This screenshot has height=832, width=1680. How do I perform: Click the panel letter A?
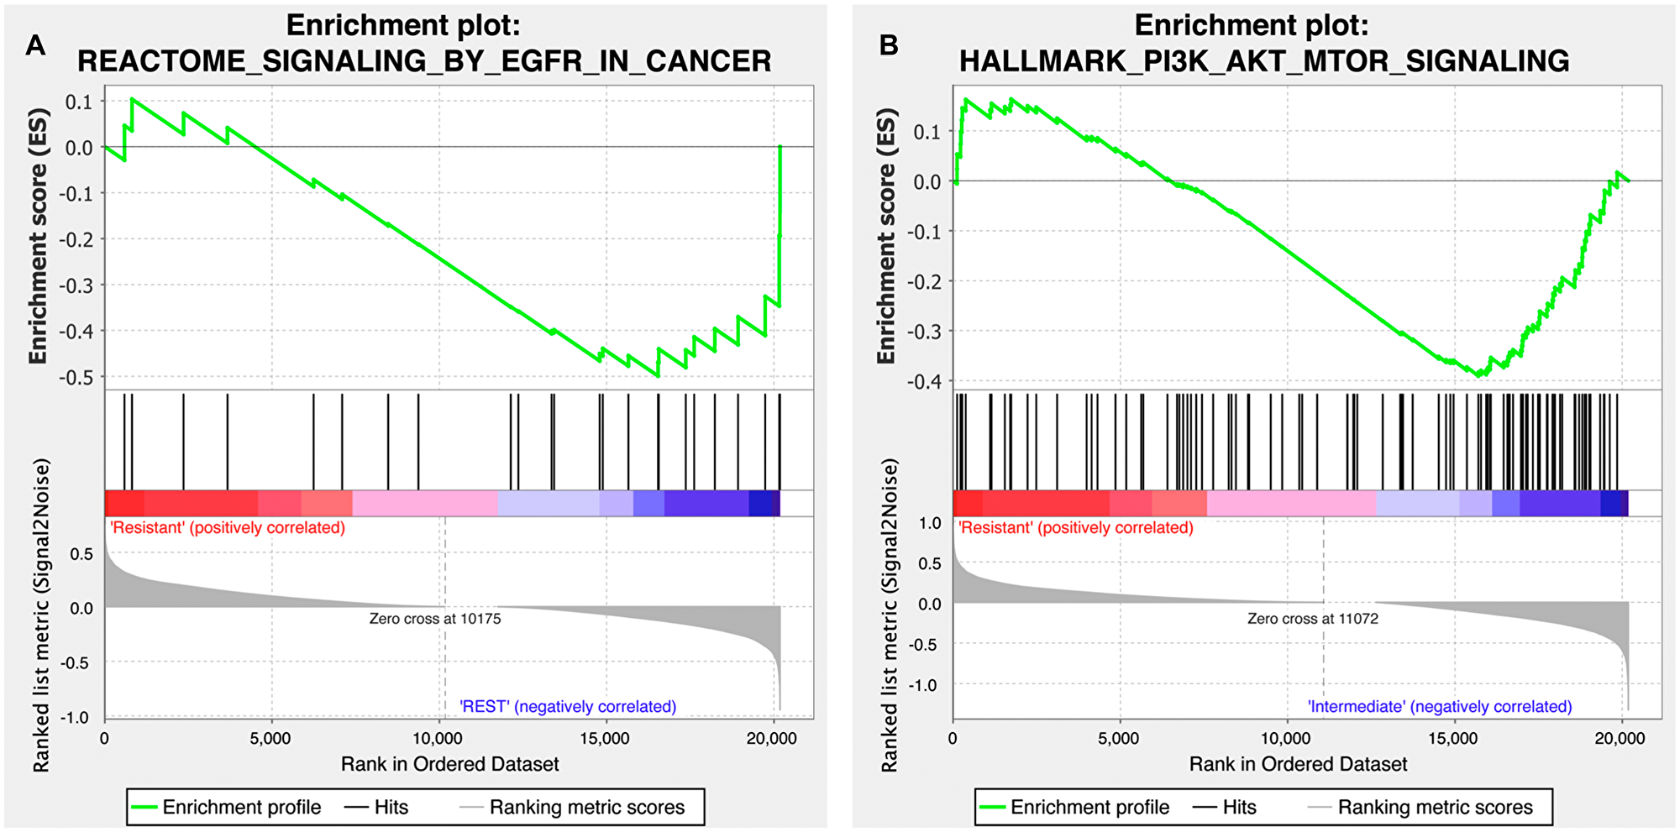click(x=34, y=44)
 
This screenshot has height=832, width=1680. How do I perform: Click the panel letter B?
click(x=889, y=44)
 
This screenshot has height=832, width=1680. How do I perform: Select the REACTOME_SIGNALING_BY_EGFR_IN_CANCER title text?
click(x=424, y=61)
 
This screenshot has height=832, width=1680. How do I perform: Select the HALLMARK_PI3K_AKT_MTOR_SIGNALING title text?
click(x=1264, y=61)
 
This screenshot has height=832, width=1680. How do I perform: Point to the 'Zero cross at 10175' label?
click(x=435, y=619)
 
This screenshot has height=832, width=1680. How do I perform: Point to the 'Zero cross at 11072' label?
click(x=1312, y=619)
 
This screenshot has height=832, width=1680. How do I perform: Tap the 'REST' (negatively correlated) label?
click(x=568, y=707)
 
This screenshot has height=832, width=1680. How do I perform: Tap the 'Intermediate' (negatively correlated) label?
click(x=1439, y=707)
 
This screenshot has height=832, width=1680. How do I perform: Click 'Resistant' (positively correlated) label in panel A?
click(x=228, y=528)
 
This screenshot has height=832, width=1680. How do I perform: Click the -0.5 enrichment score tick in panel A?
click(x=76, y=377)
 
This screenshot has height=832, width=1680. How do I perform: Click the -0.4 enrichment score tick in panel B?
click(x=924, y=382)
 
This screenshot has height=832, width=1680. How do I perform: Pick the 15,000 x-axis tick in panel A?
click(x=605, y=739)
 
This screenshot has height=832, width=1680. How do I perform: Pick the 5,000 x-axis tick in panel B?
click(x=1119, y=739)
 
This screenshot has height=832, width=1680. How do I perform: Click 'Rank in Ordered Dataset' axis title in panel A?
click(x=449, y=764)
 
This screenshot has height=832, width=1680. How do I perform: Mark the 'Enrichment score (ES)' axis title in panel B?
click(x=886, y=237)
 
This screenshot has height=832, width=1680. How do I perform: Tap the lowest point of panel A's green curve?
click(x=658, y=376)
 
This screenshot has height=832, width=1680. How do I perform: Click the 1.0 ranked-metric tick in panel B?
click(x=930, y=523)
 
